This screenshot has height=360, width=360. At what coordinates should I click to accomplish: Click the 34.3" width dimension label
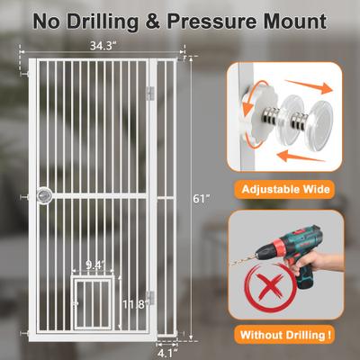click(x=103, y=46)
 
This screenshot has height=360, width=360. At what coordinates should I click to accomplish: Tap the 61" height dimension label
click(x=201, y=199)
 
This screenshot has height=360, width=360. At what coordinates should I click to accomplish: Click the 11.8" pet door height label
click(x=134, y=304)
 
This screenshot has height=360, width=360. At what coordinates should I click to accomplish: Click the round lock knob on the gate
click(x=44, y=196)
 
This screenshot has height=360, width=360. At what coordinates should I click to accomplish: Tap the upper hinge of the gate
click(x=150, y=94)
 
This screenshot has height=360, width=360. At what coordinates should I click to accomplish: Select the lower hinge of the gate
click(x=150, y=298)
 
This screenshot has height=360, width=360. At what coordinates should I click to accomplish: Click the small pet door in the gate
click(x=93, y=302)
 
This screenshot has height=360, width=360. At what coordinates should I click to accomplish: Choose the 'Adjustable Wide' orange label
click(x=285, y=190)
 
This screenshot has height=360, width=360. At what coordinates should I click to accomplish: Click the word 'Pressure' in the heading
click(x=212, y=22)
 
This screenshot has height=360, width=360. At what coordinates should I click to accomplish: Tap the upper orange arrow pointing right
click(x=309, y=85)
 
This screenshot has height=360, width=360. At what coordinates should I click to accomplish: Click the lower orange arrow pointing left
click(x=301, y=157)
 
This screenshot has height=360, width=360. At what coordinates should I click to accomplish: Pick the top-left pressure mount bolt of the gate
click(x=24, y=73)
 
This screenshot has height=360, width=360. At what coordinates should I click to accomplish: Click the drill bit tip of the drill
click(x=231, y=265)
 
